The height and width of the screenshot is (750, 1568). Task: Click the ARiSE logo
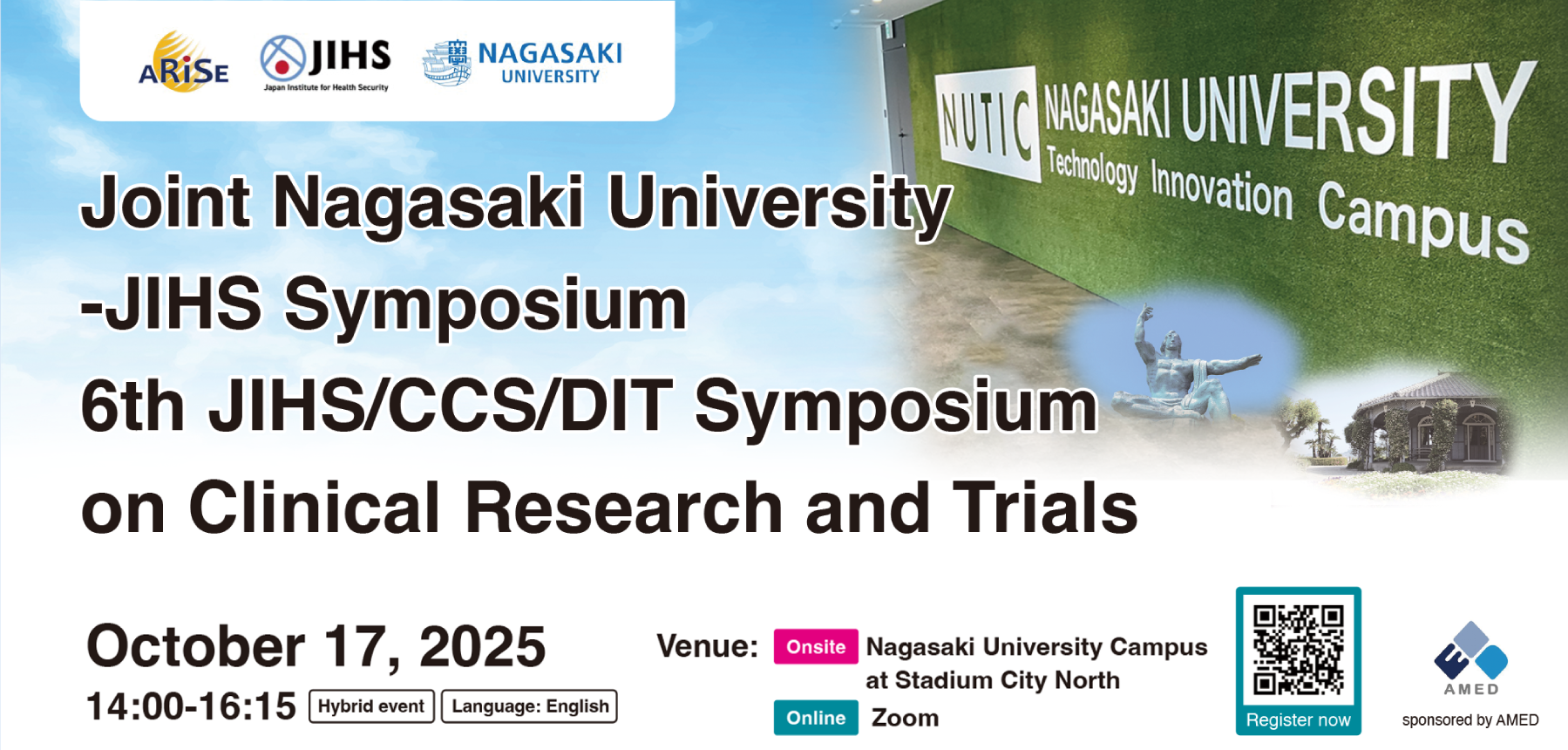pos(184,62)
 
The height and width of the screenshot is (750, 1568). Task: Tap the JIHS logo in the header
pos(325,63)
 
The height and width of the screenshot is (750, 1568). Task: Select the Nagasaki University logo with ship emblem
pos(522,63)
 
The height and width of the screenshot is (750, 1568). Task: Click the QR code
pos(1298,651)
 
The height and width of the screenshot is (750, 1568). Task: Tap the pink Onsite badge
pos(816,647)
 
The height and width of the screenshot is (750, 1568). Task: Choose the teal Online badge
pos(816,718)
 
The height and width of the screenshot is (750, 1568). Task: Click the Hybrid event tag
pos(371,706)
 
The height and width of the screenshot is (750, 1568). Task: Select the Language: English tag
pos(530,706)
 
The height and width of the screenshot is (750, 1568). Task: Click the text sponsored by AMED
pos(1470,720)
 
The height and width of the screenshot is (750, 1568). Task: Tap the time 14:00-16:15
pos(191,706)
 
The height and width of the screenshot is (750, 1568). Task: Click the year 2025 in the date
pos(482,647)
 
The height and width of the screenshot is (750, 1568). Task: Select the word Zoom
pos(906,718)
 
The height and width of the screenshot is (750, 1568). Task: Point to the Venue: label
pos(708,646)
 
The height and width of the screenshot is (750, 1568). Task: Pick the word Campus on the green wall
pos(1422,221)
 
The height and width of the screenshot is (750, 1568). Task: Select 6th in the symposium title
pos(132,406)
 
